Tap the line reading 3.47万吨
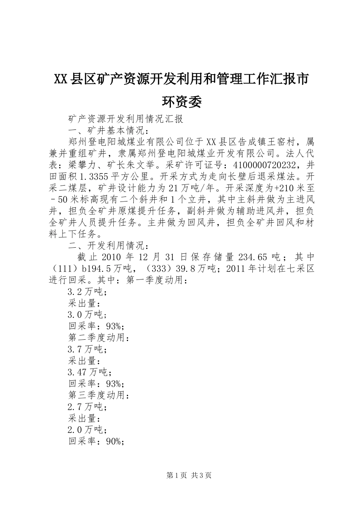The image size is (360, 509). click(87, 373)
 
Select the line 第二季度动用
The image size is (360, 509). click(99, 337)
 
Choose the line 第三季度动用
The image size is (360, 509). click(99, 396)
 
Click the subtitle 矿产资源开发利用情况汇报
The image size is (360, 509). click(125, 119)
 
